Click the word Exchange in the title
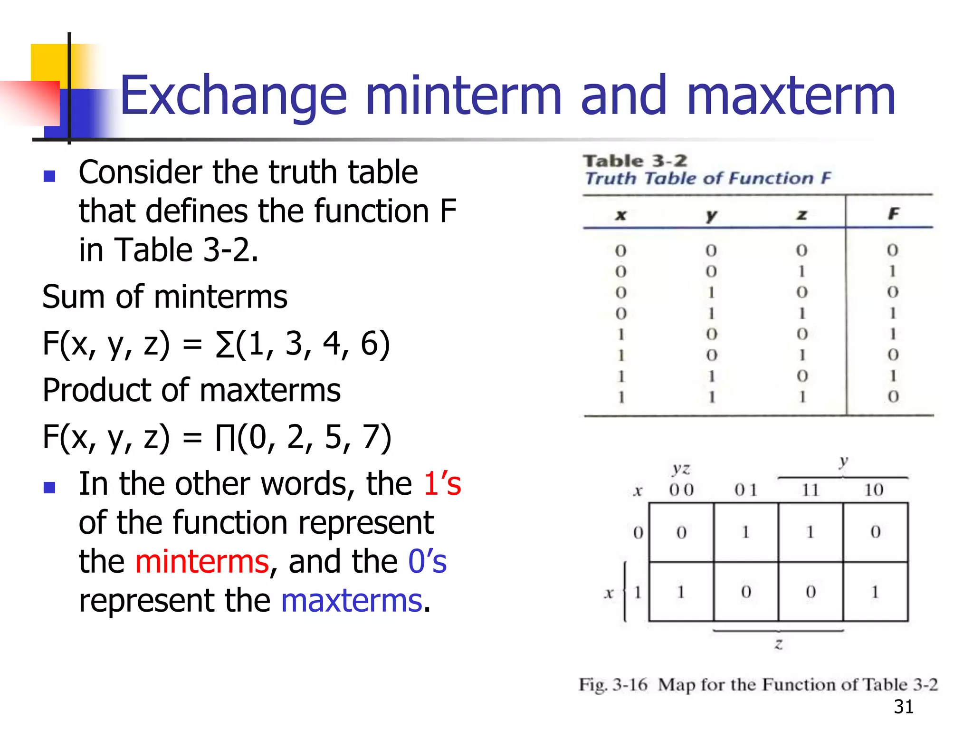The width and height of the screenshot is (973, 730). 233,96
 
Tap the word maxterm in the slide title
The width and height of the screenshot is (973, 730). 791,96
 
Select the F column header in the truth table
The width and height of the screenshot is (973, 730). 893,214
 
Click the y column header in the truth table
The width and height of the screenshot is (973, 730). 711,215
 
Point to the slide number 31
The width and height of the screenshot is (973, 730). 903,707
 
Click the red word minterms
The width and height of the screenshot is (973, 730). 202,561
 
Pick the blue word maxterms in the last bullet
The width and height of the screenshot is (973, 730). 352,600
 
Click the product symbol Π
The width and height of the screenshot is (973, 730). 225,437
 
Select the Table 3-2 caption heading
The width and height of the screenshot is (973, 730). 635,161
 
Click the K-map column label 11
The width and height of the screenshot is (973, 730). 810,490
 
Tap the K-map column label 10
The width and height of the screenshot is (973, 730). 874,490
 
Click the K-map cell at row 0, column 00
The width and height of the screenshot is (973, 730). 681,532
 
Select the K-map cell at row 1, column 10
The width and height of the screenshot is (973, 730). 875,592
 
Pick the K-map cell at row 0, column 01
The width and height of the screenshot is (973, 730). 745,532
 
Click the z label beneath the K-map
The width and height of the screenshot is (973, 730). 779,644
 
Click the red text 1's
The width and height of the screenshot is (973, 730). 442,484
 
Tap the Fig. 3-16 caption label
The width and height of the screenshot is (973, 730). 613,685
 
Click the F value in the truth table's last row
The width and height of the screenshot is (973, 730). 893,396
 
